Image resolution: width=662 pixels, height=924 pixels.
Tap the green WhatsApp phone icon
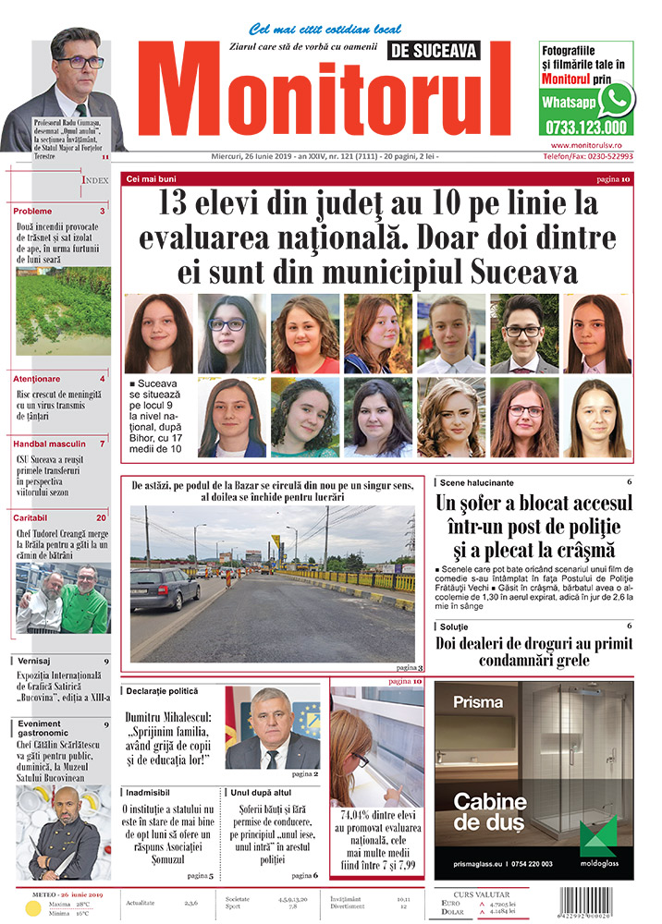(x=617, y=99)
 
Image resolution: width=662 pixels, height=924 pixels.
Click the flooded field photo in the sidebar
(x=63, y=312)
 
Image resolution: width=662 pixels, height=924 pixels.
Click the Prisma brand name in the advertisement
(x=477, y=701)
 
